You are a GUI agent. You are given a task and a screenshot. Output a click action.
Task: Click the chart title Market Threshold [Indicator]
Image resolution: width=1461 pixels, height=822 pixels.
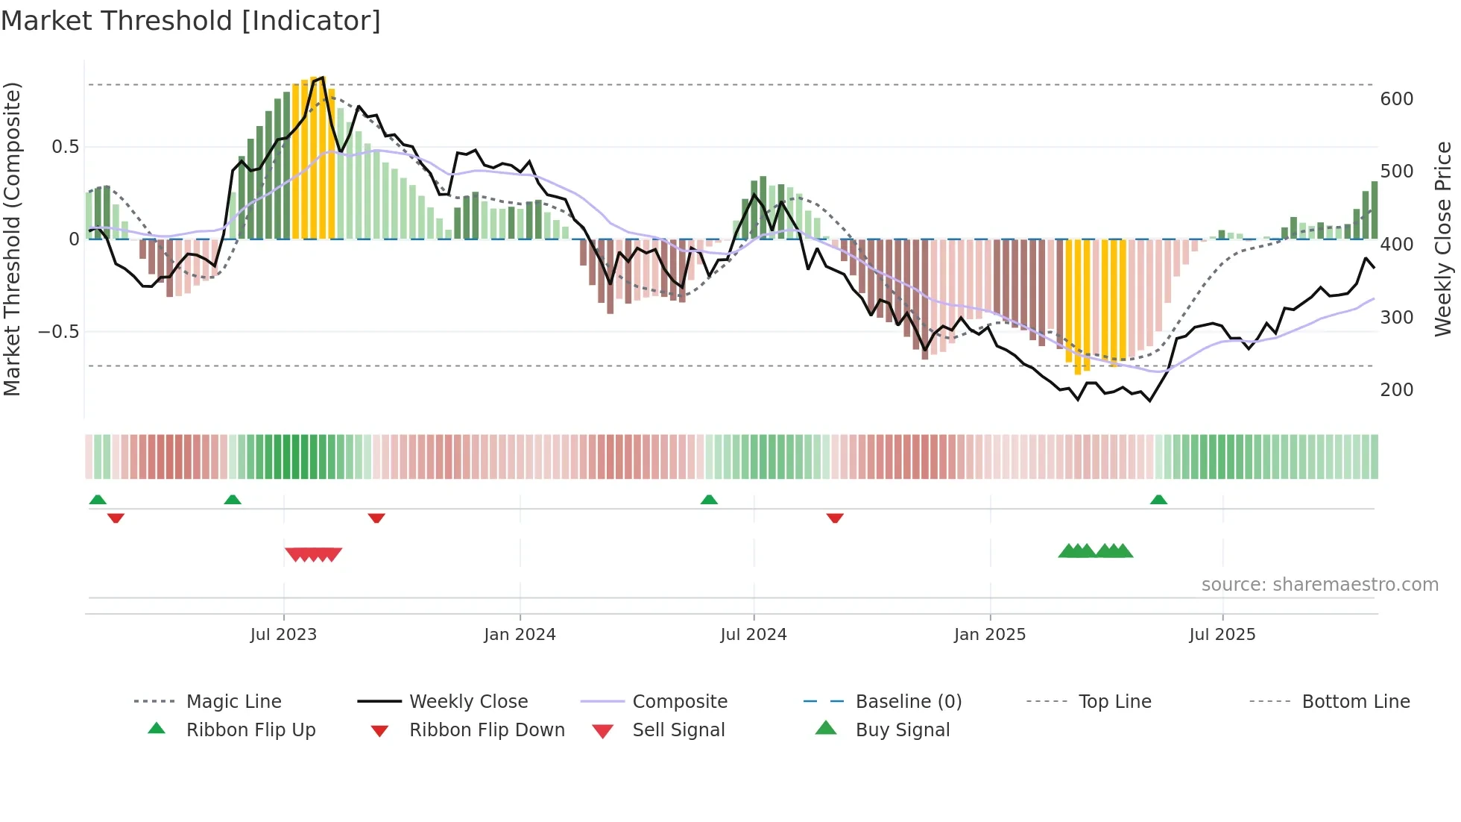(191, 21)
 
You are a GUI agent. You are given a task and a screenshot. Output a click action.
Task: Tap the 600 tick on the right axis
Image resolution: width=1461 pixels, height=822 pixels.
(1396, 99)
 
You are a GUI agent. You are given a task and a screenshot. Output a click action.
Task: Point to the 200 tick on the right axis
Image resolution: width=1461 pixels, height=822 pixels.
(1396, 389)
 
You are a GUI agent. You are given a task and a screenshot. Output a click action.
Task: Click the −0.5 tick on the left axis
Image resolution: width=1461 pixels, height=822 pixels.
(59, 331)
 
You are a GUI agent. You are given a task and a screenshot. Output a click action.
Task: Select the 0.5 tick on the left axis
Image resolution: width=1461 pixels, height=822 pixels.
(65, 147)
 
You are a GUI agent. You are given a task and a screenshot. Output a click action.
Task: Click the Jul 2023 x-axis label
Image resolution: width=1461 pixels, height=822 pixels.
(283, 635)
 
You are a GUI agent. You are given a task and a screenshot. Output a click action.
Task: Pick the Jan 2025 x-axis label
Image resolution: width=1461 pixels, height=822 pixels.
(989, 635)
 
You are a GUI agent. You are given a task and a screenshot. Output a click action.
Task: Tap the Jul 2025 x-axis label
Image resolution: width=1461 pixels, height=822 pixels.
(1222, 635)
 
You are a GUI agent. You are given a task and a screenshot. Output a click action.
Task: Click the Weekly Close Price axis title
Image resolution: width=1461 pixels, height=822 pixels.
(1443, 239)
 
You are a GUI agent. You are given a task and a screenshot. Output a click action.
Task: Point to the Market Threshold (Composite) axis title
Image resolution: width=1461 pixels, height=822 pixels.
(13, 239)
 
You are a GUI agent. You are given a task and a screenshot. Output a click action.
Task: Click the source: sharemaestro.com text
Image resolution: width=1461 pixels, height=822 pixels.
(1319, 585)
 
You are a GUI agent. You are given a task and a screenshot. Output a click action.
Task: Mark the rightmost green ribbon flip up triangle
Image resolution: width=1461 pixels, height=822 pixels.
(1158, 500)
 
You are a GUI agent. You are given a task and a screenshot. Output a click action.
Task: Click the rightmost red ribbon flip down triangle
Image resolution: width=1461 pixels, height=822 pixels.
(835, 518)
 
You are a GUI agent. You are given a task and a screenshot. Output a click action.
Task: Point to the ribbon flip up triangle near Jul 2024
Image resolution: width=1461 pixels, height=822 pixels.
(709, 500)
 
